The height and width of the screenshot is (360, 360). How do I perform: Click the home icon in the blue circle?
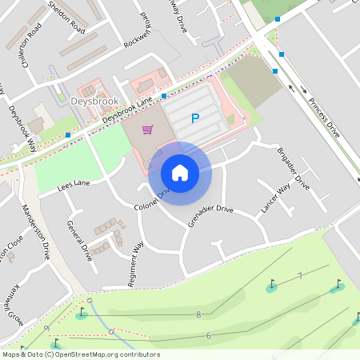click(180, 172)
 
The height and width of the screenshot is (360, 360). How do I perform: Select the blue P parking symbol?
click(194, 119)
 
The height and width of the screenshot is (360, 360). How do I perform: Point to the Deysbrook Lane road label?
click(127, 110)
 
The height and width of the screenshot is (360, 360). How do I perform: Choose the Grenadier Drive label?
click(210, 216)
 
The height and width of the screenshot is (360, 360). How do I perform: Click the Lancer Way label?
click(275, 199)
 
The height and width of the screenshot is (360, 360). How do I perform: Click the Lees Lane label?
click(74, 186)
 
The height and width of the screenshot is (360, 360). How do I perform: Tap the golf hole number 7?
click(299, 276)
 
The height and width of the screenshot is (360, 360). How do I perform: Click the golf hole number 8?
click(198, 314)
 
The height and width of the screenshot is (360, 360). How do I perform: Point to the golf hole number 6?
click(208, 335)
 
